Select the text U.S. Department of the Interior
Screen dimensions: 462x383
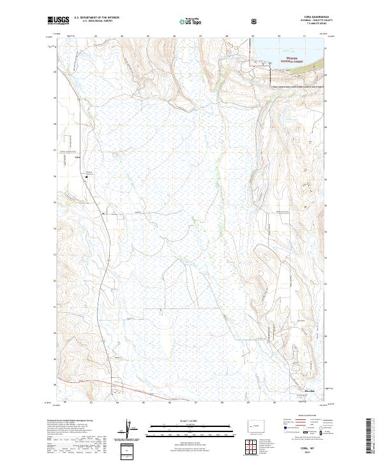tap(96, 18)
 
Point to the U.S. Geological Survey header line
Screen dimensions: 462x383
tap(96, 22)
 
